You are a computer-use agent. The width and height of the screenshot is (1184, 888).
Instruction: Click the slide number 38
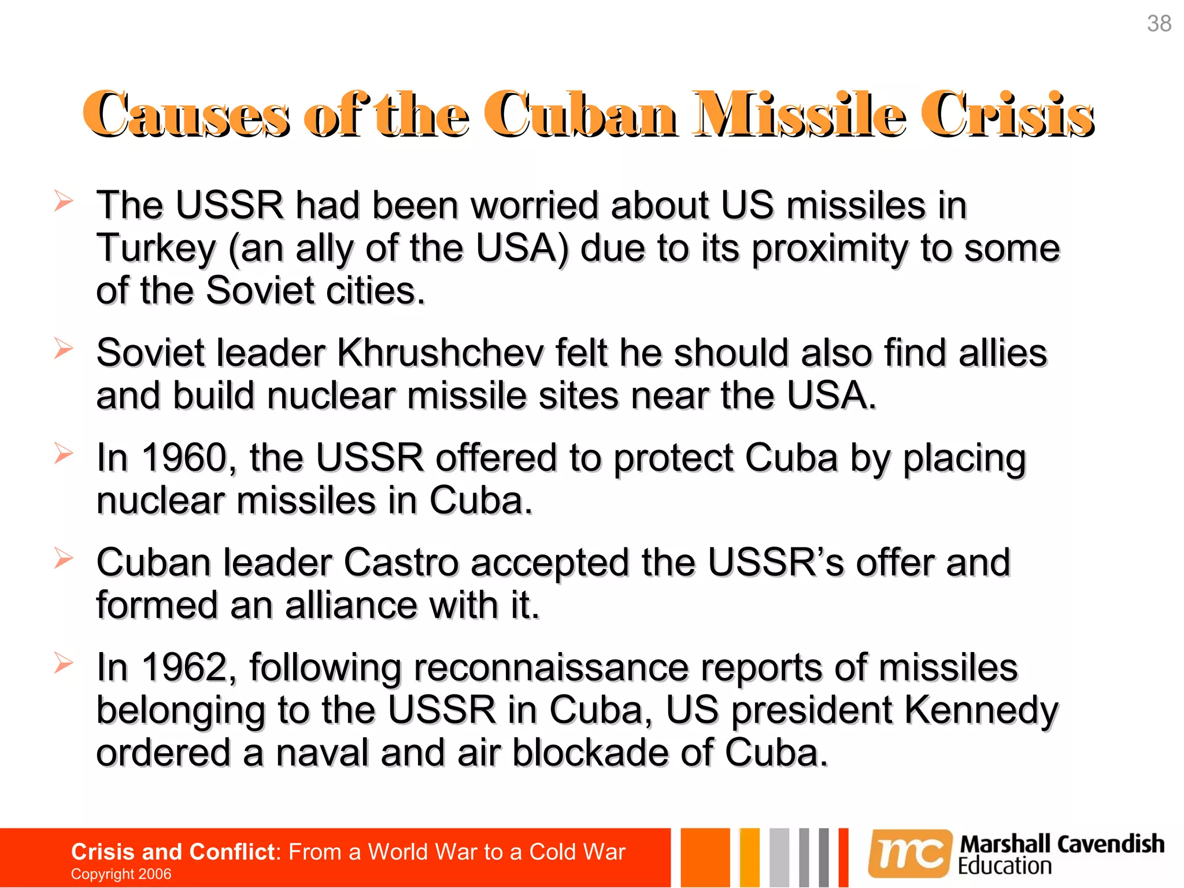[x=1159, y=24]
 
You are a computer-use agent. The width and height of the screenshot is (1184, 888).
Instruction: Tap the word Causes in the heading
[x=186, y=114]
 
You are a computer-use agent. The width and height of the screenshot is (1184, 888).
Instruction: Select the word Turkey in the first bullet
[x=156, y=248]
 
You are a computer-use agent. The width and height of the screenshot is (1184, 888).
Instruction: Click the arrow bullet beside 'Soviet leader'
[x=64, y=348]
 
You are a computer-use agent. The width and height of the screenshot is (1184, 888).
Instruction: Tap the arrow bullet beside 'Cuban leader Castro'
[x=64, y=558]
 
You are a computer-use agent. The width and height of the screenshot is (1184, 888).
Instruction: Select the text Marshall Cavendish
[x=1061, y=844]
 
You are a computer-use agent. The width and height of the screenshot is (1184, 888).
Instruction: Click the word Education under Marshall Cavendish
[x=1004, y=867]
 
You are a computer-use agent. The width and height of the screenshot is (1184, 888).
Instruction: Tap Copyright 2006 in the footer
[x=121, y=874]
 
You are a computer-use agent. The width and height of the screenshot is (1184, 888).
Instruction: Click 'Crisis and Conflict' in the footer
[x=173, y=852]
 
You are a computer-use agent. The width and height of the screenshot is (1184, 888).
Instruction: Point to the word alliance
[x=350, y=605]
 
